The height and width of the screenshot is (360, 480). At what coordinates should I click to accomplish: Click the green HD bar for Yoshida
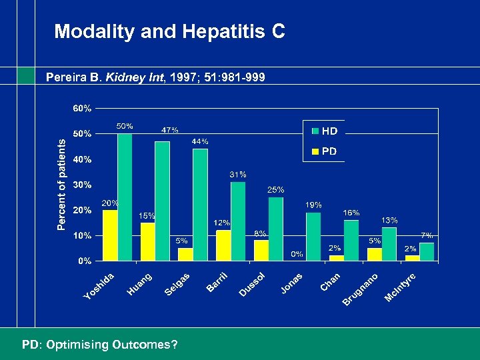pos(125,197)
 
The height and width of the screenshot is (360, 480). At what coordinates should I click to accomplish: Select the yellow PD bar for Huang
pos(147,241)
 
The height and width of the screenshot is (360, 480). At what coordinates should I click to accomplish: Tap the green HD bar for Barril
pos(238,221)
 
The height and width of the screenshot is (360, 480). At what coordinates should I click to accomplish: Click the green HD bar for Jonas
pos(313,236)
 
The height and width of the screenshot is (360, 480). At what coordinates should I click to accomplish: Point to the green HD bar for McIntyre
pos(427,251)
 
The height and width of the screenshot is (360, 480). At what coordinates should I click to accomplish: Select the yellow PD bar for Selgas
pos(185,254)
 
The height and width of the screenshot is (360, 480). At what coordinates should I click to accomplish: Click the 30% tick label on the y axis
pos(83,185)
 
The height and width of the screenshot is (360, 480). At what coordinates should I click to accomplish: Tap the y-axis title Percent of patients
pos(61,185)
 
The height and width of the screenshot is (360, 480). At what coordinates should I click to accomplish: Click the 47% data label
pos(170,130)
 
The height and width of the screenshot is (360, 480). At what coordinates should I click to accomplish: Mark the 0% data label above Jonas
pos(297,254)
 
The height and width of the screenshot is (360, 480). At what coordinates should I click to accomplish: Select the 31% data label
pos(238,174)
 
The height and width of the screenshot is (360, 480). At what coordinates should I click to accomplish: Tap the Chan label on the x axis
pos(331,282)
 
